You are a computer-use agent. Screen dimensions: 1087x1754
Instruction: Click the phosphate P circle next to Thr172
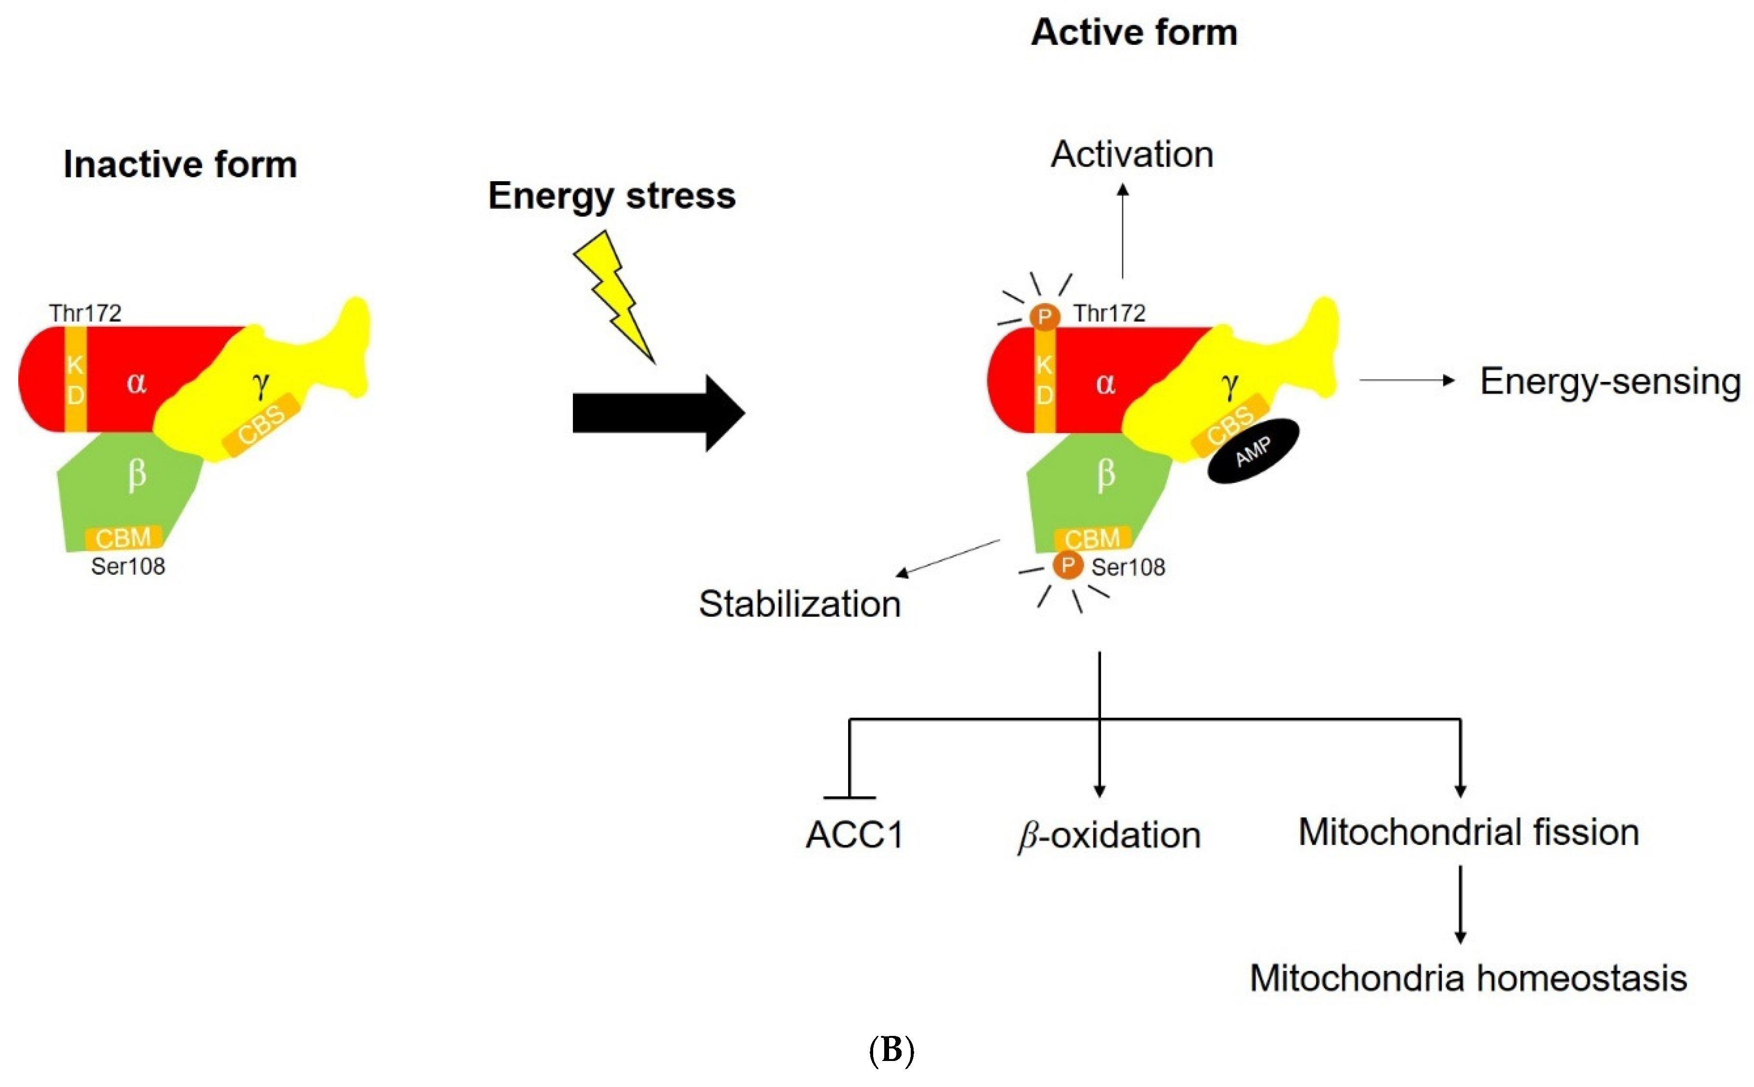pos(1044,316)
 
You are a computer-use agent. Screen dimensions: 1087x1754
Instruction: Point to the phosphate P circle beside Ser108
pos(1068,565)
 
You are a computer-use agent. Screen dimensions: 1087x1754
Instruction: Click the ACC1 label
pos(854,835)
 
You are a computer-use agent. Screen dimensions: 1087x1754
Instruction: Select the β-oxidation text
pos(1109,835)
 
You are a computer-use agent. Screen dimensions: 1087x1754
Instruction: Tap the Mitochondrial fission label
pos(1468,832)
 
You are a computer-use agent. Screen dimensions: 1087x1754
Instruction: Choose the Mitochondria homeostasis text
pos(1468,978)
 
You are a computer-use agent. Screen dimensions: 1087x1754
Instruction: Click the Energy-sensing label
pos(1609,381)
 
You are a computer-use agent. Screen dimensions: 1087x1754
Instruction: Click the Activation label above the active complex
pos(1132,154)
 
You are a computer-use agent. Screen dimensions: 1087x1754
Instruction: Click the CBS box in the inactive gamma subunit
pos(261,424)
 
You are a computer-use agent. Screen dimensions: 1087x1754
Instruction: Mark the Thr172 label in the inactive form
pos(85,313)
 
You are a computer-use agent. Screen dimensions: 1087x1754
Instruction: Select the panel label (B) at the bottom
pos(891,1050)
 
